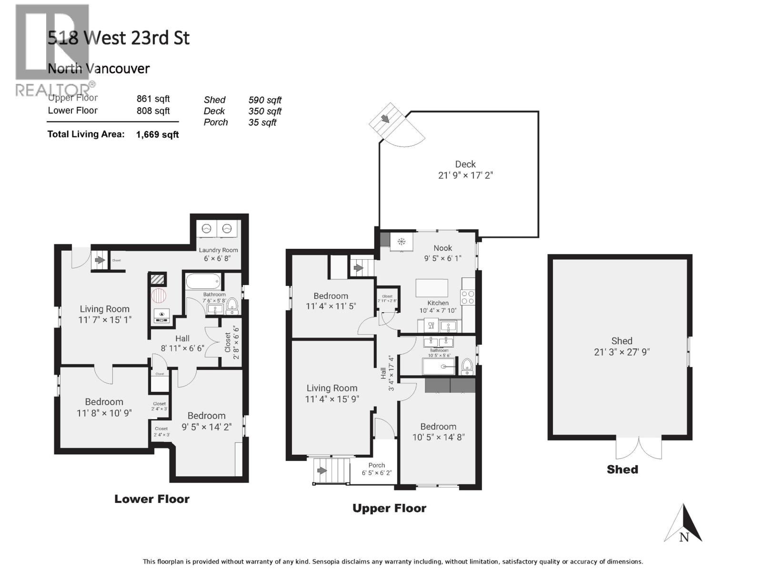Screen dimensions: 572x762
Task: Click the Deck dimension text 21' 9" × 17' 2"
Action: coord(465,175)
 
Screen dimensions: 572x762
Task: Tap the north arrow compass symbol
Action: coord(683,524)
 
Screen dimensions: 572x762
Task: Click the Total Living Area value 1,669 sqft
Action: coord(157,134)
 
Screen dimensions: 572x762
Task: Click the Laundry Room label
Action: coord(218,250)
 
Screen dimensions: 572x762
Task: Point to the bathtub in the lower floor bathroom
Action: coord(203,281)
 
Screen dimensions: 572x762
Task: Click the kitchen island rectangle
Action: coord(431,288)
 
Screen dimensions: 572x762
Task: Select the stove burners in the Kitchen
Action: coord(468,297)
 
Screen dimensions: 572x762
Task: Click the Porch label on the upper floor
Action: coord(376,465)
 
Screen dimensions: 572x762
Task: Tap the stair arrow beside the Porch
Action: coord(321,470)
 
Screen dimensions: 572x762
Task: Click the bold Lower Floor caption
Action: coord(152,499)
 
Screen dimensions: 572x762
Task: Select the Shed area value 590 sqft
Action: coord(265,100)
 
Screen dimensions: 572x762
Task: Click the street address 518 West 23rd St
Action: coord(119,38)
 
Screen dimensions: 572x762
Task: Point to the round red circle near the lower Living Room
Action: coord(160,295)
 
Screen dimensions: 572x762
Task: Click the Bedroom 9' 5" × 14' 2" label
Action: coord(206,421)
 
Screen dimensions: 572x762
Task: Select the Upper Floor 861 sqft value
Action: coord(153,99)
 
